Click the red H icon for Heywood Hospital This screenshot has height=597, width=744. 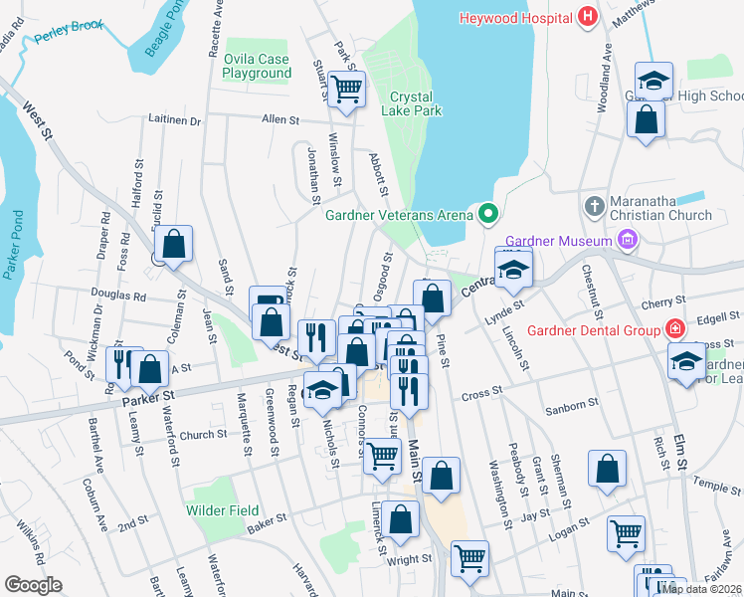pyautogui.click(x=587, y=17)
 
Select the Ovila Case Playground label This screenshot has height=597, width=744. pyautogui.click(x=257, y=66)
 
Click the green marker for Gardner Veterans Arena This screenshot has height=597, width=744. pyautogui.click(x=487, y=213)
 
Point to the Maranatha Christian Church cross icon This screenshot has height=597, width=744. pyautogui.click(x=594, y=206)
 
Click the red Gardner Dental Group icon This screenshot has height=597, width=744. pyautogui.click(x=674, y=329)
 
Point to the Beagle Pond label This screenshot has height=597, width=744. pyautogui.click(x=165, y=31)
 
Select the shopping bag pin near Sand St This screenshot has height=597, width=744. pyautogui.click(x=173, y=244)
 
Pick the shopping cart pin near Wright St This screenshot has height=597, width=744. pyautogui.click(x=469, y=557)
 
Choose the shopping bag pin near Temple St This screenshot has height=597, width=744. pyautogui.click(x=607, y=470)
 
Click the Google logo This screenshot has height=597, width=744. pyautogui.click(x=34, y=585)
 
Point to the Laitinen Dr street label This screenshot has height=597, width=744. pyautogui.click(x=175, y=120)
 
